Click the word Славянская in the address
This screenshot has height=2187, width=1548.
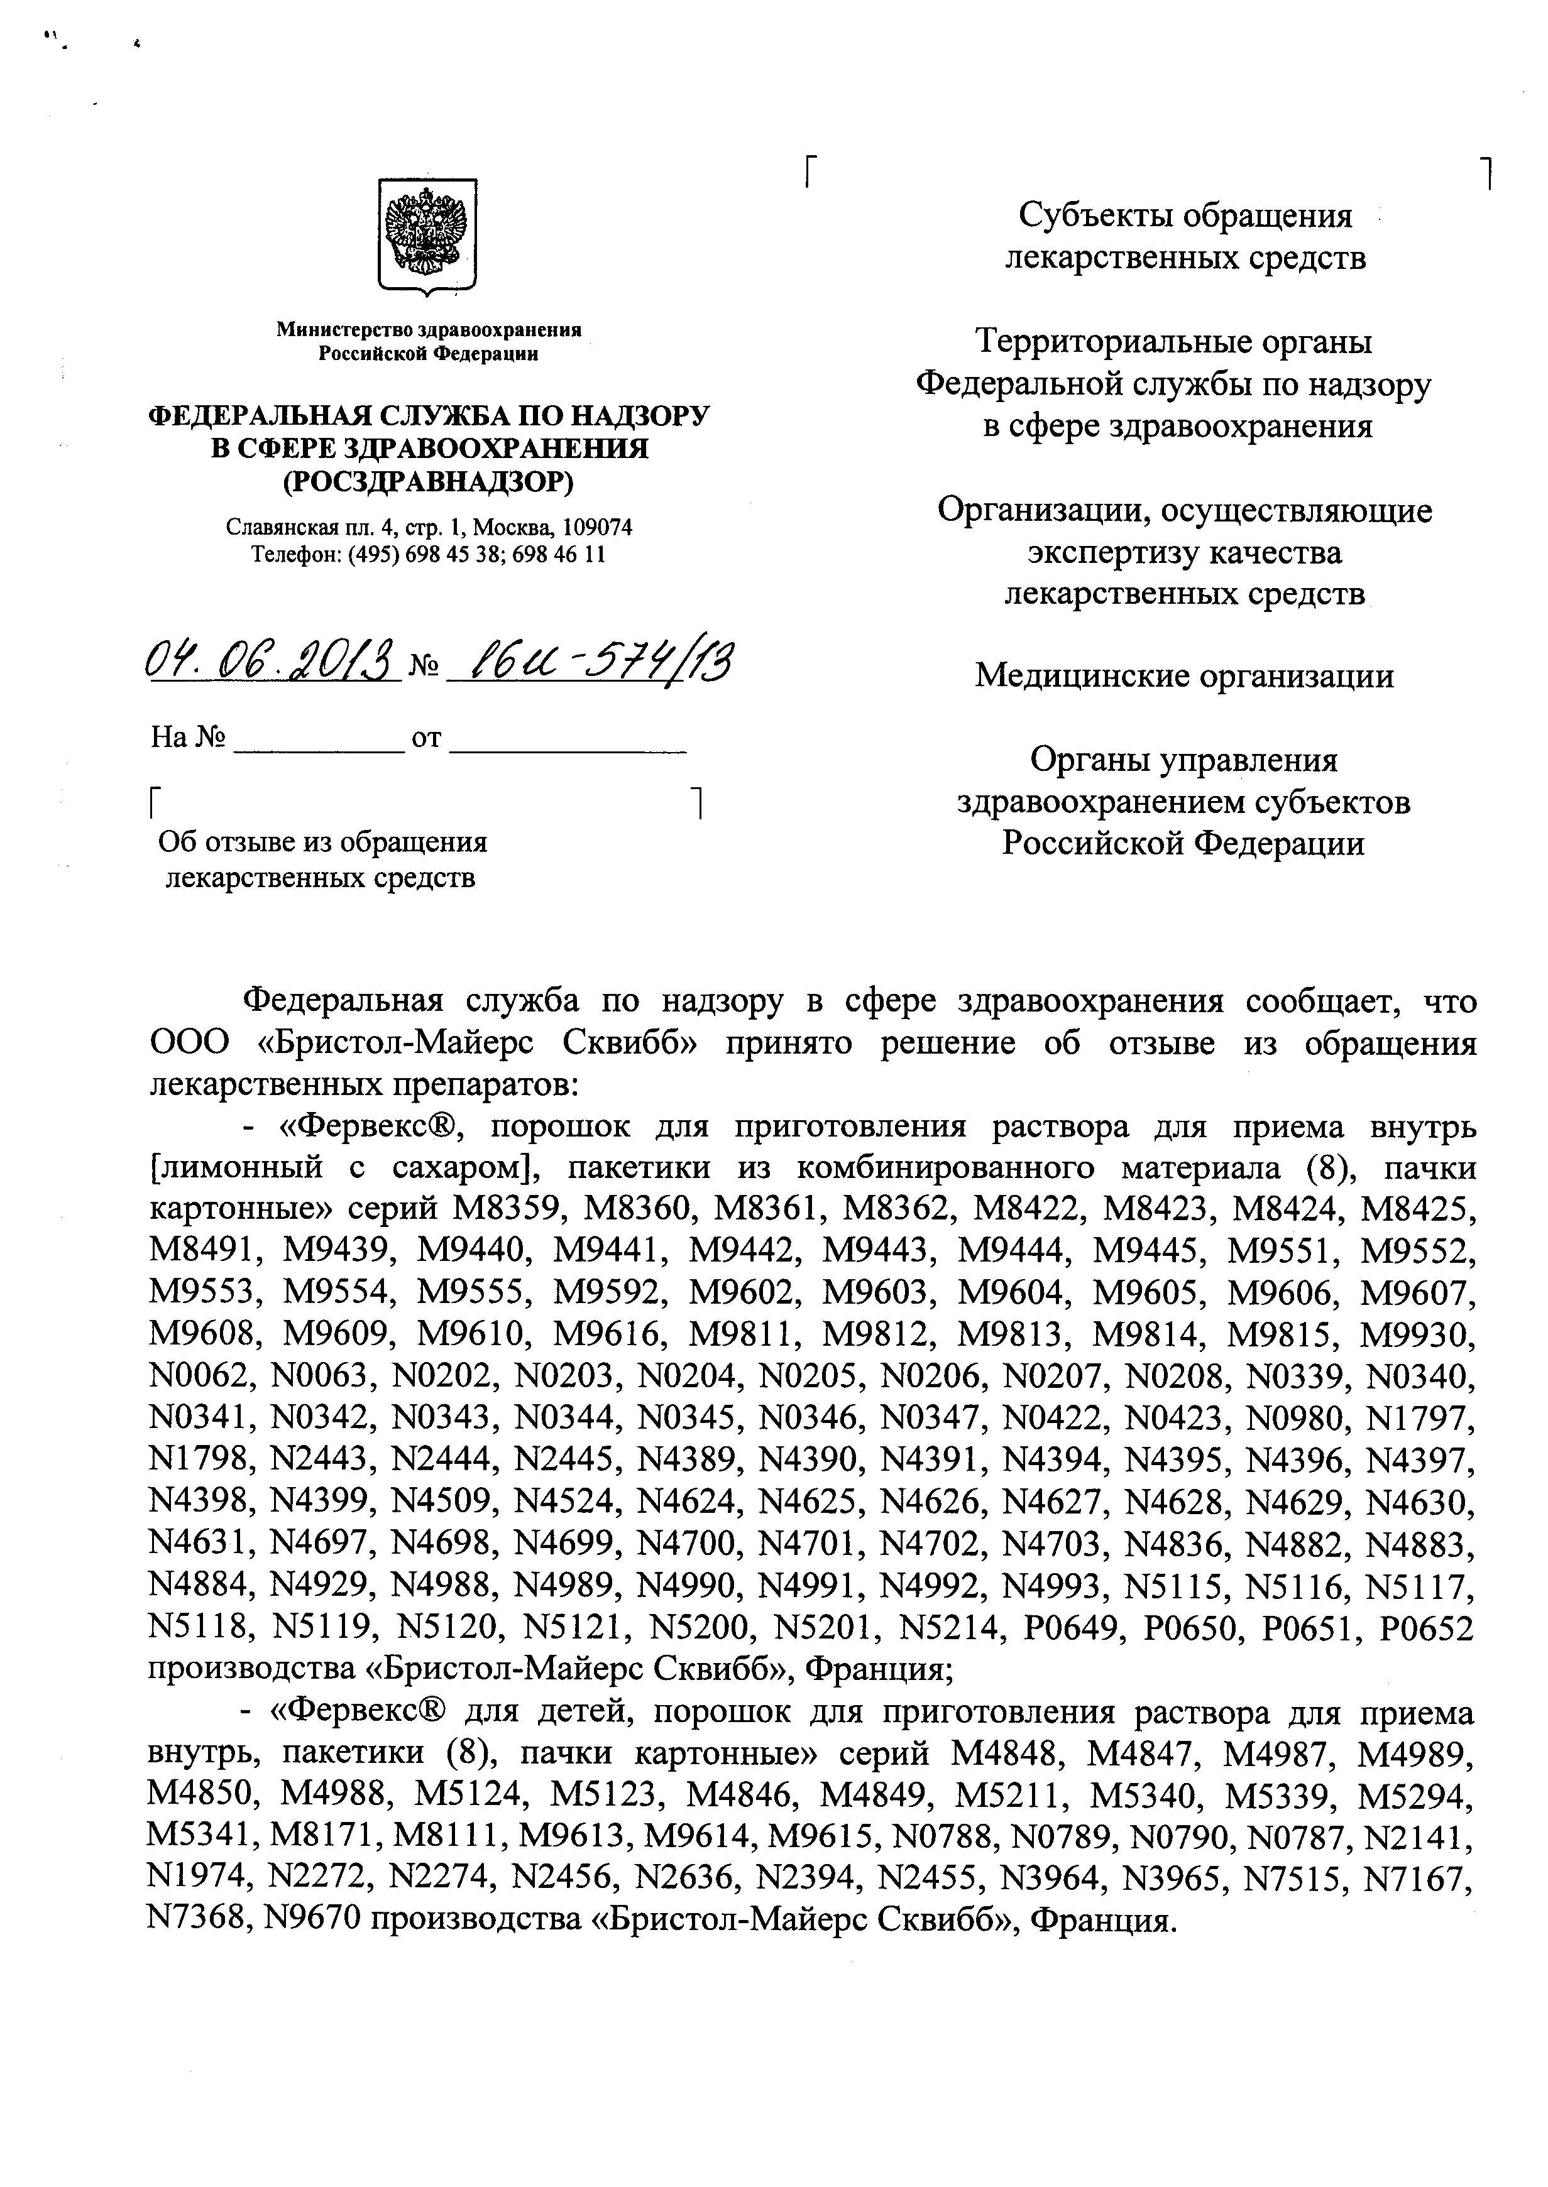tap(270, 528)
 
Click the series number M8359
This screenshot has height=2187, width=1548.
tap(506, 1209)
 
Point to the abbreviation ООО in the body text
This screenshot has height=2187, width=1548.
tap(190, 1044)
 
